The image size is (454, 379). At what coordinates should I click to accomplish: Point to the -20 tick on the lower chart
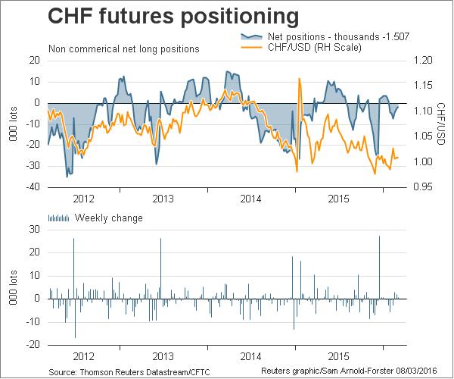coord(33,344)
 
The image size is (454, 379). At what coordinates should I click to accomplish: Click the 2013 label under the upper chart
coord(166,199)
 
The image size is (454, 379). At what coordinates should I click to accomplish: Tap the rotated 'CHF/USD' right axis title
coord(441,124)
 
